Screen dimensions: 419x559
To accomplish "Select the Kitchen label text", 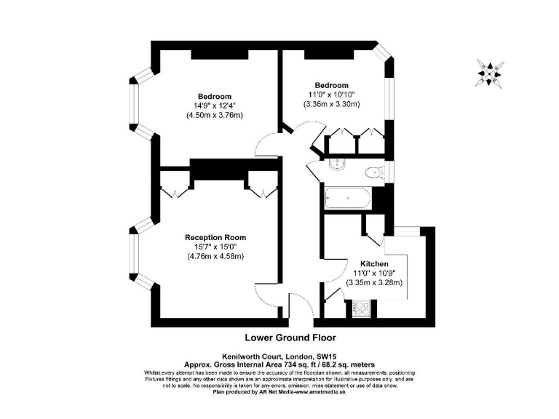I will click(374, 263).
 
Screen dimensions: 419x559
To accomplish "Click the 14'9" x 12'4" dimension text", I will click(214, 106).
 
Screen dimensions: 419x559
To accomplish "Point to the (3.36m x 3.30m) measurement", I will click(331, 105).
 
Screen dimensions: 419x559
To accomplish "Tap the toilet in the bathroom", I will click(373, 172).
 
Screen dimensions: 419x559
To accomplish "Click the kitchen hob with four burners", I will click(361, 311).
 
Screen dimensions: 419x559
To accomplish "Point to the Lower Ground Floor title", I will click(290, 338).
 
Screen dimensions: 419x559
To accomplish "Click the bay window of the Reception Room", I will click(136, 259).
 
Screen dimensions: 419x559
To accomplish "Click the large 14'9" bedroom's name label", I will click(214, 97).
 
